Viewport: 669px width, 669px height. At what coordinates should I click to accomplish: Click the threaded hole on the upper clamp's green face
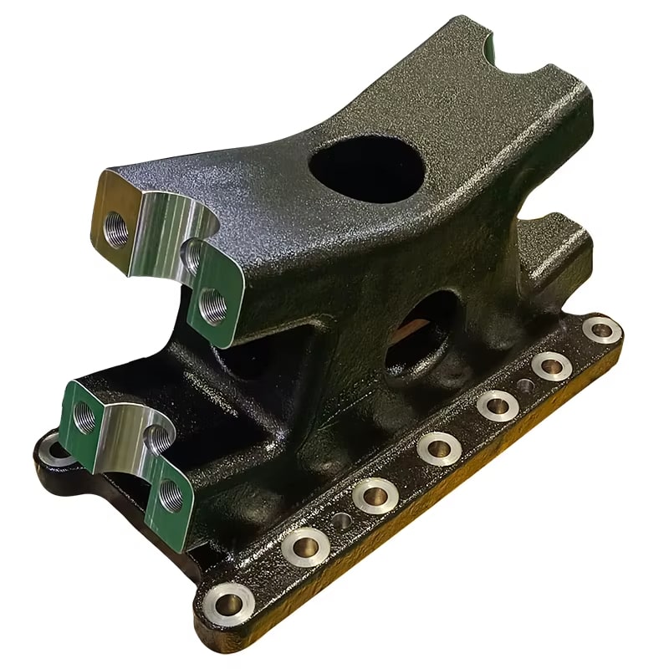(212, 307)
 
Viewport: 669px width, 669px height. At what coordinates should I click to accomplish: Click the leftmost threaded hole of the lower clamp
(85, 415)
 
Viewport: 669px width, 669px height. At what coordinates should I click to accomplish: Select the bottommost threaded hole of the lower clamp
(171, 493)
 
